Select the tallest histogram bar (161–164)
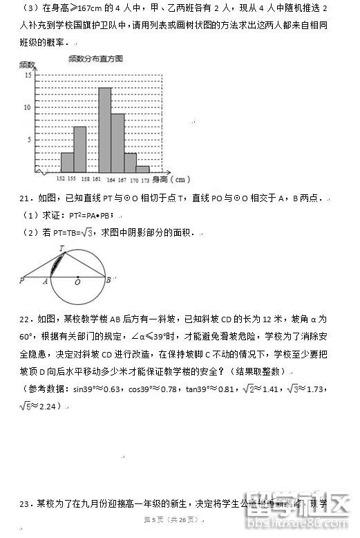coord(105,129)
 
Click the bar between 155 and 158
coord(79,149)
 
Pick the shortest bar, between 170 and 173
coord(143,168)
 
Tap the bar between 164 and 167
coord(117,142)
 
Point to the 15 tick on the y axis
coord(27,75)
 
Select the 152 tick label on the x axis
coord(61,179)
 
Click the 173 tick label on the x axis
coord(145,179)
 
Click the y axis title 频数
coord(26,64)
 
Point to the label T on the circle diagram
coord(62,248)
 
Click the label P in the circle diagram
coord(21,281)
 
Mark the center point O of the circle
coord(77,278)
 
